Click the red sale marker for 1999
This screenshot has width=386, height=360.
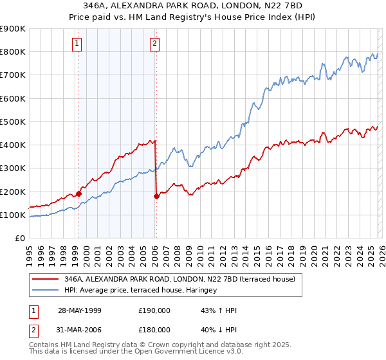(78, 194)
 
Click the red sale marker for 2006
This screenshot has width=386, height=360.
(156, 196)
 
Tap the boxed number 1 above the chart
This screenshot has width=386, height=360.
(77, 44)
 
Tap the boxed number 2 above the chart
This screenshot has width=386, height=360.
(155, 44)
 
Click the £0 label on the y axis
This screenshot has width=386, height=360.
(20, 238)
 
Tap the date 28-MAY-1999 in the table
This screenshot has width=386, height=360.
(79, 310)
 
